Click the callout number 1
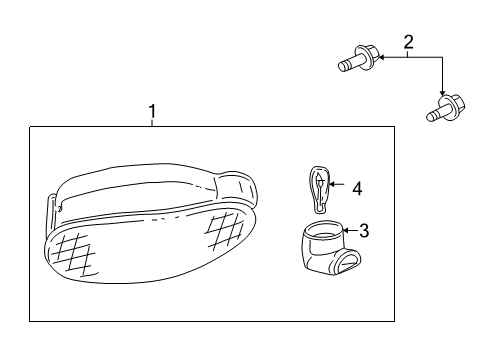click(151, 111)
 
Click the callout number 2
click(408, 41)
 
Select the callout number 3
click(364, 231)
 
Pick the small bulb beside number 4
click(317, 189)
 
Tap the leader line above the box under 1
click(151, 122)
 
